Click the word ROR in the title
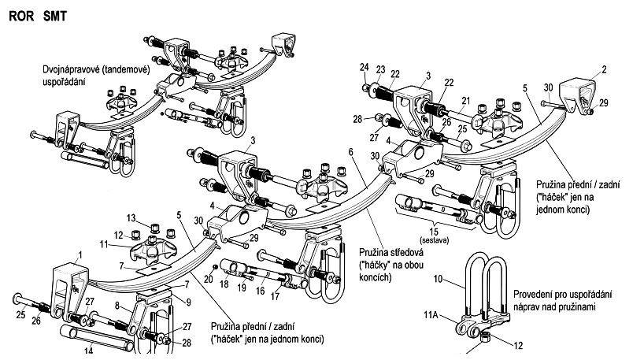coord(22,16)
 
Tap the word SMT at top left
coord(54,16)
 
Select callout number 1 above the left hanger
coord(80,255)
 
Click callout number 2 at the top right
coord(604,70)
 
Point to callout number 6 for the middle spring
coord(350,152)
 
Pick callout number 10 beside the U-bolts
coord(438,279)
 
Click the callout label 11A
coord(431,315)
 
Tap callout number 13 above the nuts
coord(131,217)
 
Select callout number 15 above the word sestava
coord(434,232)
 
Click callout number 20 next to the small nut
coord(208,280)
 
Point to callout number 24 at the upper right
coord(365,67)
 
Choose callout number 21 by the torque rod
coord(465,101)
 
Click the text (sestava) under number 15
coord(434,240)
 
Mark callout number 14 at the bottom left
coord(89,351)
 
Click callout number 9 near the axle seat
coord(188,302)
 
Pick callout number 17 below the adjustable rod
coord(275,296)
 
